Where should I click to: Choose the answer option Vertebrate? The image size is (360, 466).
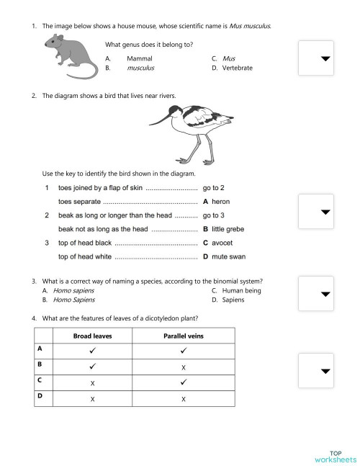pyautogui.click(x=237, y=68)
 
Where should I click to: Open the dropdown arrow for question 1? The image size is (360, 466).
pyautogui.click(x=326, y=58)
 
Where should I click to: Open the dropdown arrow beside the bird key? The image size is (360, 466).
pyautogui.click(x=326, y=212)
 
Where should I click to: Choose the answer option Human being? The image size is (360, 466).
pyautogui.click(x=241, y=290)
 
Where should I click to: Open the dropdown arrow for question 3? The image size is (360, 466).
pyautogui.click(x=326, y=294)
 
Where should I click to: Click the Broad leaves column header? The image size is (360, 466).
pyautogui.click(x=91, y=335)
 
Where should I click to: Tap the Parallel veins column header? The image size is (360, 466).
pyautogui.click(x=184, y=335)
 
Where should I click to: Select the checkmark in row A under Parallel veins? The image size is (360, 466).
pyautogui.click(x=184, y=351)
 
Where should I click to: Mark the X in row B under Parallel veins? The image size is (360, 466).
pyautogui.click(x=184, y=367)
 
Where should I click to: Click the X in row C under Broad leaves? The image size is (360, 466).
pyautogui.click(x=91, y=382)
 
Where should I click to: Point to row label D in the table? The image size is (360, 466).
pyautogui.click(x=40, y=395)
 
